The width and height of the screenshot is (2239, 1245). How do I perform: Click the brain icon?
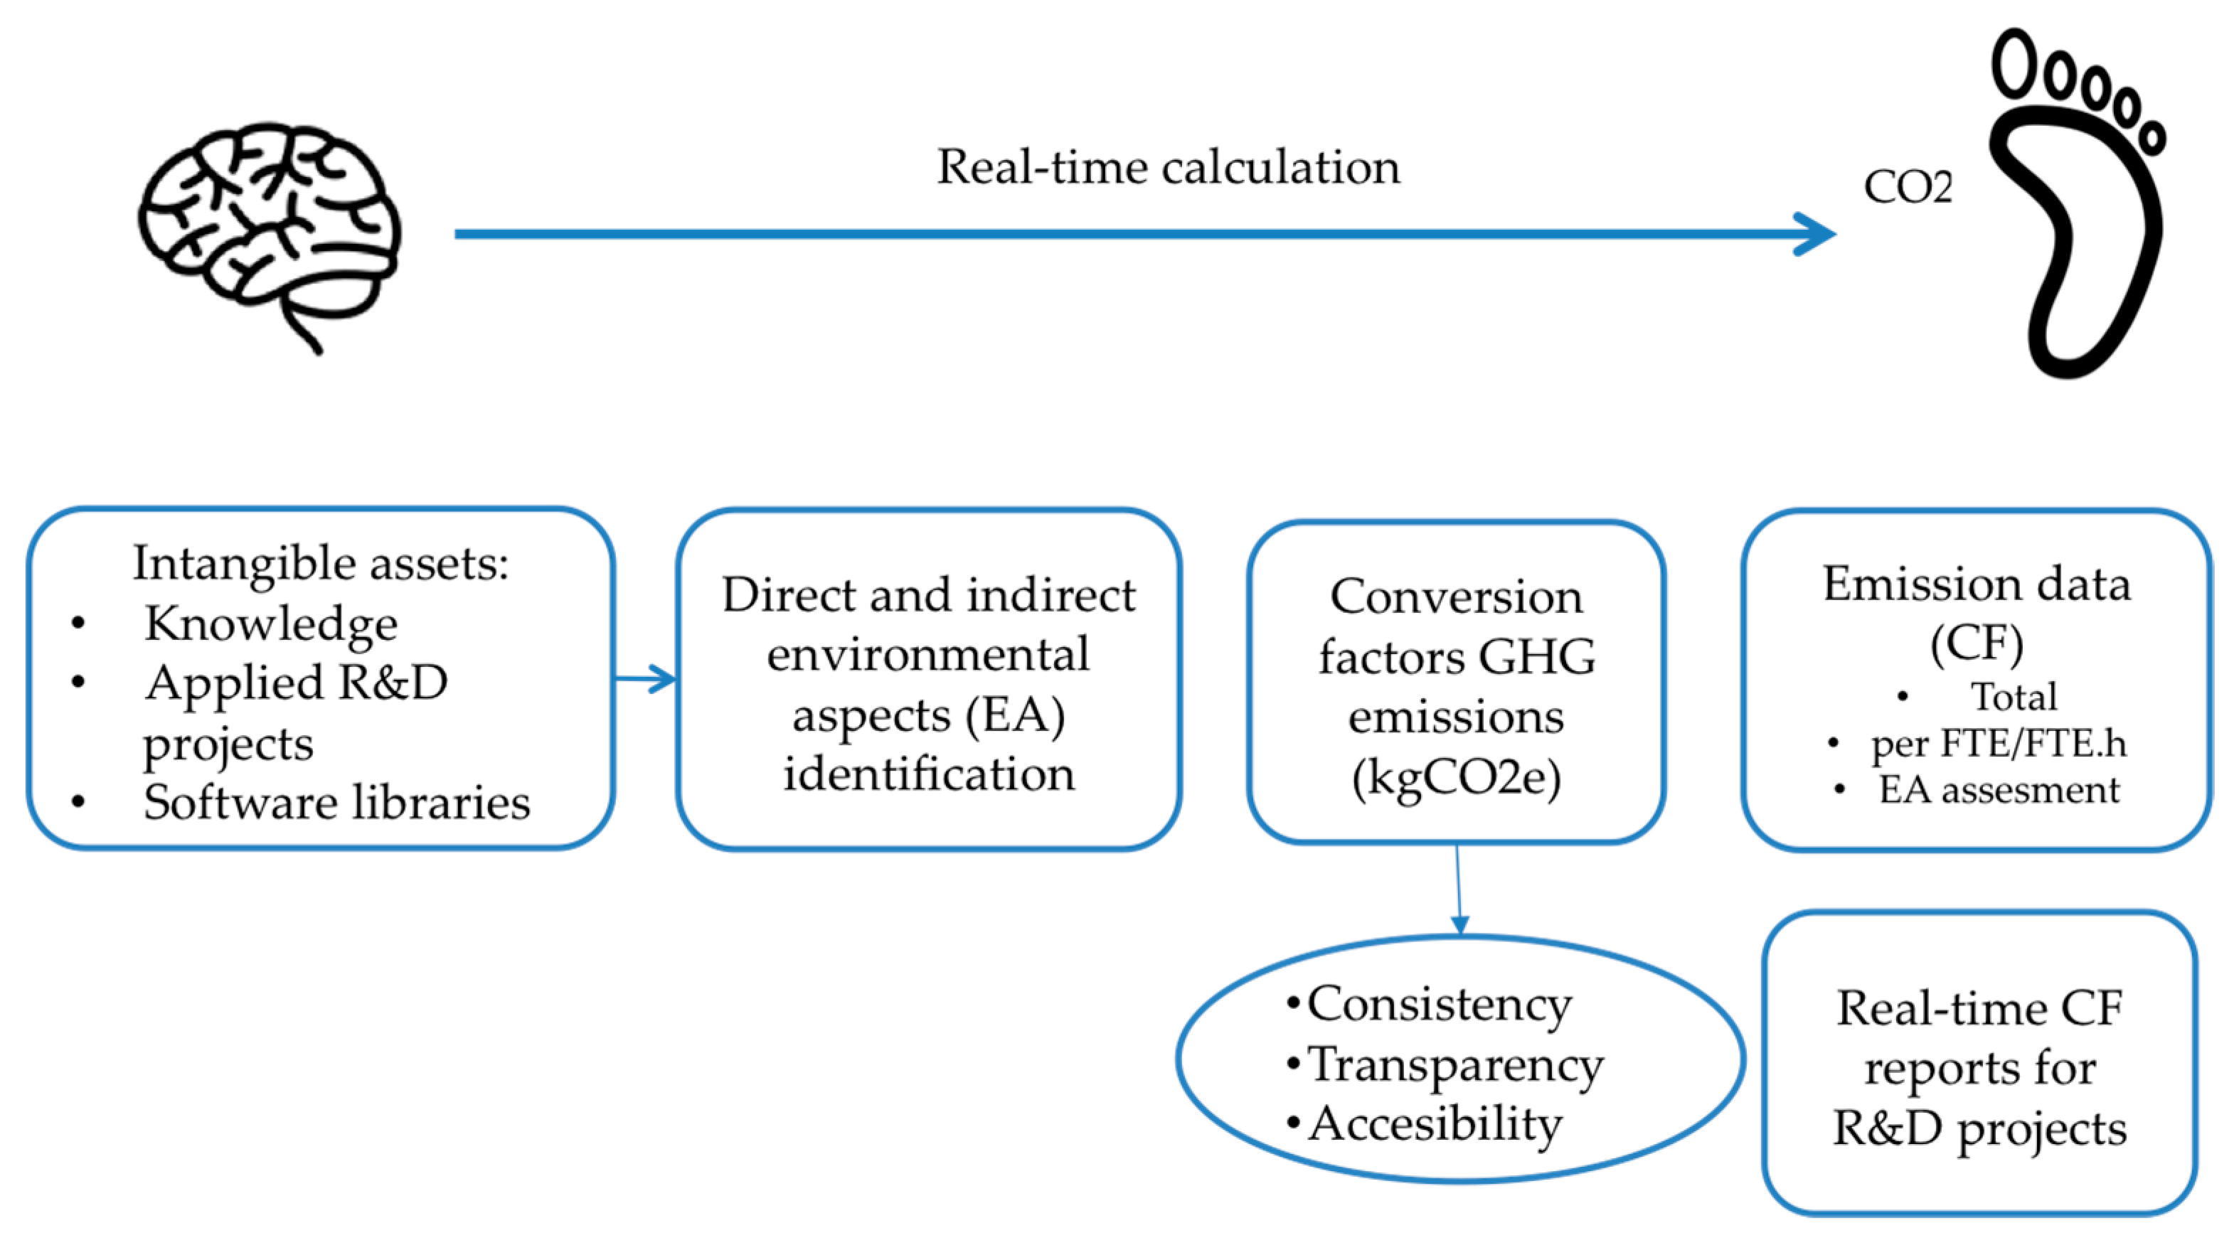tap(270, 230)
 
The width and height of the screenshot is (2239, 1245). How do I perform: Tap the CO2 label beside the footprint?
tap(1908, 187)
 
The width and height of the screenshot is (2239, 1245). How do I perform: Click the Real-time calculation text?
tap(1168, 167)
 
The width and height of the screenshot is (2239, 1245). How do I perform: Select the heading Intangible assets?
tap(320, 563)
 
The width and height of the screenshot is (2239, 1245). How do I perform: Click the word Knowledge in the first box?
tap(271, 624)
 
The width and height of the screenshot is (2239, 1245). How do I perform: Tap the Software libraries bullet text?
tap(336, 802)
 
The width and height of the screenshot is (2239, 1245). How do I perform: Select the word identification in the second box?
tap(928, 774)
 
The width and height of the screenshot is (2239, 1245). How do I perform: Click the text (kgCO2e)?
tap(1456, 778)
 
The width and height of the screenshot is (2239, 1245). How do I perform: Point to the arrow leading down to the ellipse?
tap(1459, 895)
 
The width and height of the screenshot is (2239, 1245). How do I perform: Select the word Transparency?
tap(1455, 1064)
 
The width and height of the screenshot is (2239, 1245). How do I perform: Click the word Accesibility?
tap(1435, 1124)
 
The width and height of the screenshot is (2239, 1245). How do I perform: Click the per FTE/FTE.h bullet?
tap(1998, 744)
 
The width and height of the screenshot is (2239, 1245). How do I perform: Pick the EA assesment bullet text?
tap(1998, 791)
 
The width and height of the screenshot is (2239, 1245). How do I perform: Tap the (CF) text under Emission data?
tap(1976, 643)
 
